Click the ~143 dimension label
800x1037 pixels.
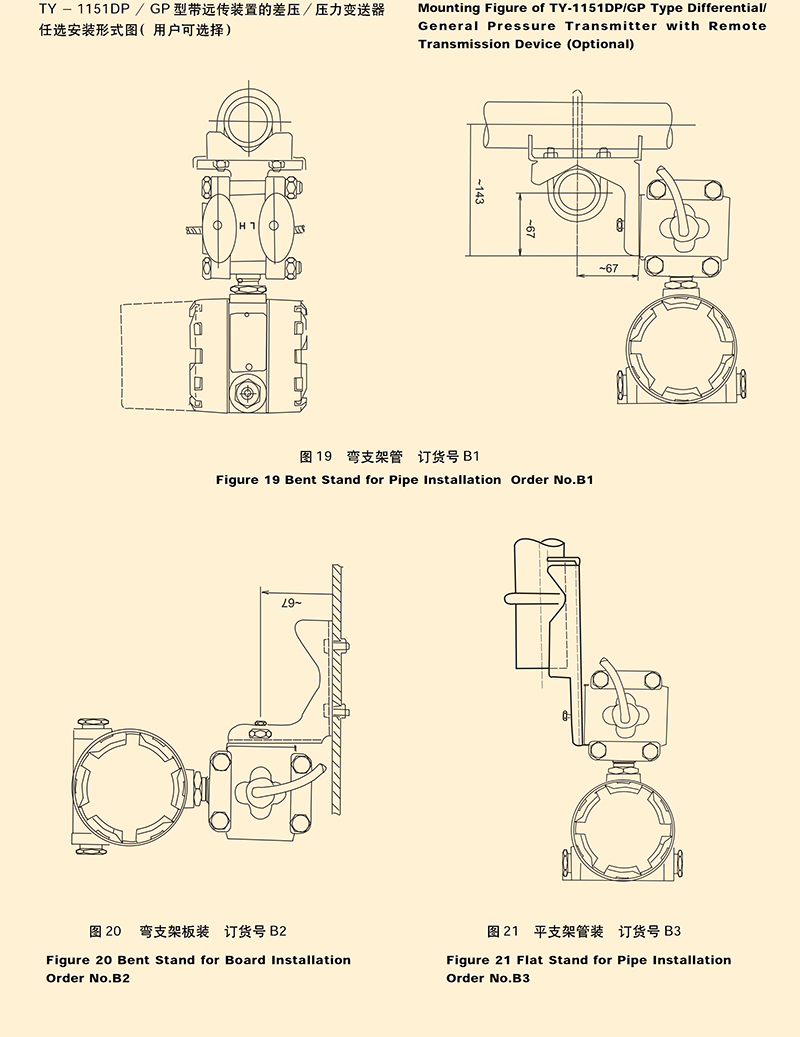pyautogui.click(x=479, y=191)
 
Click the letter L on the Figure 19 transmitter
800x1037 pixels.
pyautogui.click(x=253, y=226)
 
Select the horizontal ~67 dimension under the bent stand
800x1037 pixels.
pyautogui.click(x=608, y=268)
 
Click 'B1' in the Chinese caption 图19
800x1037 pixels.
pyautogui.click(x=471, y=456)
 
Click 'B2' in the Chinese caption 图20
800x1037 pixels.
pyautogui.click(x=278, y=931)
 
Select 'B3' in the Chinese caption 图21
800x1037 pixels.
pyautogui.click(x=672, y=931)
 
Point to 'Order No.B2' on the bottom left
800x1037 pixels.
pyautogui.click(x=88, y=978)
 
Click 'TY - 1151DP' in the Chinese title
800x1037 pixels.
pyautogui.click(x=85, y=9)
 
